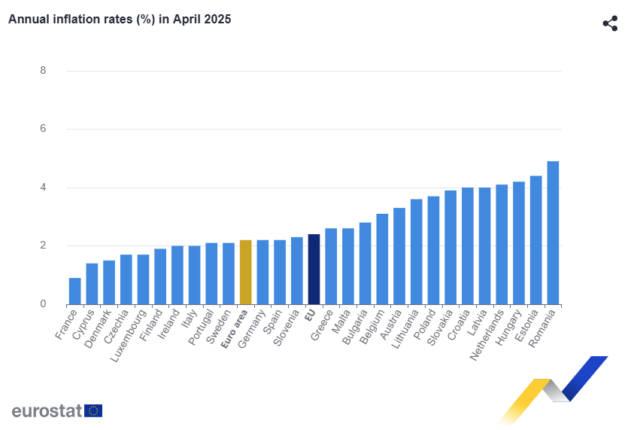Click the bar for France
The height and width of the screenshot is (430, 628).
pyautogui.click(x=75, y=291)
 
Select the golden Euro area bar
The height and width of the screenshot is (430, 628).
pyautogui.click(x=245, y=272)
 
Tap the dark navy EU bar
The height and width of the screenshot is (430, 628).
pyautogui.click(x=314, y=269)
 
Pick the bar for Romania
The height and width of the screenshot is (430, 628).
pyautogui.click(x=553, y=233)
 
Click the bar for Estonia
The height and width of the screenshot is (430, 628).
pyautogui.click(x=536, y=240)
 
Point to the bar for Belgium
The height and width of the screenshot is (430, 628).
pyautogui.click(x=382, y=259)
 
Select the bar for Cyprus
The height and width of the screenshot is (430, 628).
pyautogui.click(x=92, y=284)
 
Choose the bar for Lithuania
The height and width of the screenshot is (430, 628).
pyautogui.click(x=416, y=252)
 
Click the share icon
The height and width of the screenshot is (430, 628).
pyautogui.click(x=610, y=23)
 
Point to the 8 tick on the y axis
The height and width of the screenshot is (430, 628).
pyautogui.click(x=44, y=71)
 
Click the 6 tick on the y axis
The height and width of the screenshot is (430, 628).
pyautogui.click(x=44, y=128)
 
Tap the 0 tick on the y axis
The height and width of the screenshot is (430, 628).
pyautogui.click(x=44, y=304)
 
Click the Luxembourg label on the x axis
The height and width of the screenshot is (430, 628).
pyautogui.click(x=130, y=336)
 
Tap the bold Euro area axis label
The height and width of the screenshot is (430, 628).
pyautogui.click(x=235, y=329)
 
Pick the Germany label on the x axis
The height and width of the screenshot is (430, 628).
pyautogui.click(x=252, y=329)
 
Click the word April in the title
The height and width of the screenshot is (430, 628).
pyautogui.click(x=187, y=20)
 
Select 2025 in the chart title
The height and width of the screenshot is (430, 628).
pyautogui.click(x=217, y=20)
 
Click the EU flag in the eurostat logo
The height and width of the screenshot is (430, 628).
pyautogui.click(x=93, y=410)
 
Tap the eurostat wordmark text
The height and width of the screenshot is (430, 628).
pyautogui.click(x=47, y=410)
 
